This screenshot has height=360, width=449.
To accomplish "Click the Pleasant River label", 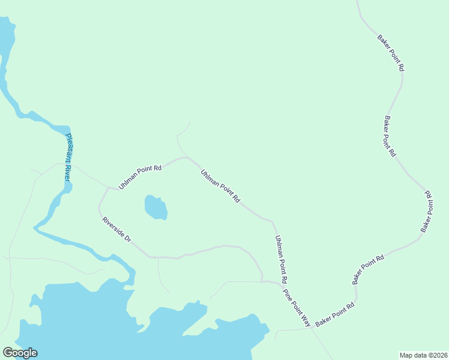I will point(68,158).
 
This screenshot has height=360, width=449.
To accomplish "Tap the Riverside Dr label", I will point(116,229).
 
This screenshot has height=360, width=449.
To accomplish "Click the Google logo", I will point(20,353).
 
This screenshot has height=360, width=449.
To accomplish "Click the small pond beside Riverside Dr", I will point(155,208).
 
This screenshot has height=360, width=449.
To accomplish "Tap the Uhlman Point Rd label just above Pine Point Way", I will point(281,259).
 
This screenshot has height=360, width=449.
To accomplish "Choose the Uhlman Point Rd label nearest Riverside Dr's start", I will point(140,178).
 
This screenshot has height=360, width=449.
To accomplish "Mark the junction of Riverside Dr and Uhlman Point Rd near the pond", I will point(108,188).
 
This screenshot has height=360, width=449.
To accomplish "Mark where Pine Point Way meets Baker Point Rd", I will point(312,328).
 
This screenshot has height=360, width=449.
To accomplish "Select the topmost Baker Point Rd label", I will point(391,53).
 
